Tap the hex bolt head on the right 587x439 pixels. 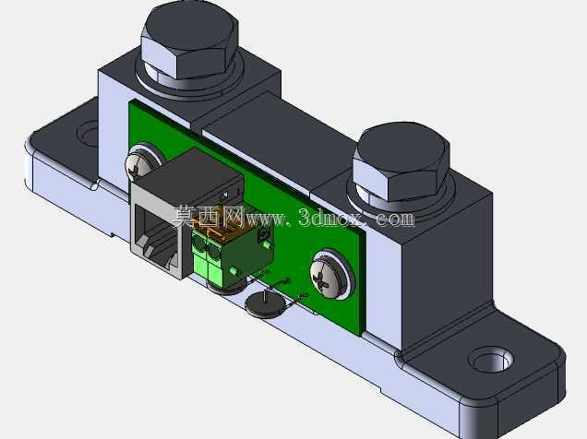pyautogui.click(x=401, y=161)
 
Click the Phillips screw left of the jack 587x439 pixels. pyautogui.click(x=139, y=164)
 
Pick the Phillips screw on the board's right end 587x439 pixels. pyautogui.click(x=330, y=274)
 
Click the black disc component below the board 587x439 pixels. pyautogui.click(x=264, y=305)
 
